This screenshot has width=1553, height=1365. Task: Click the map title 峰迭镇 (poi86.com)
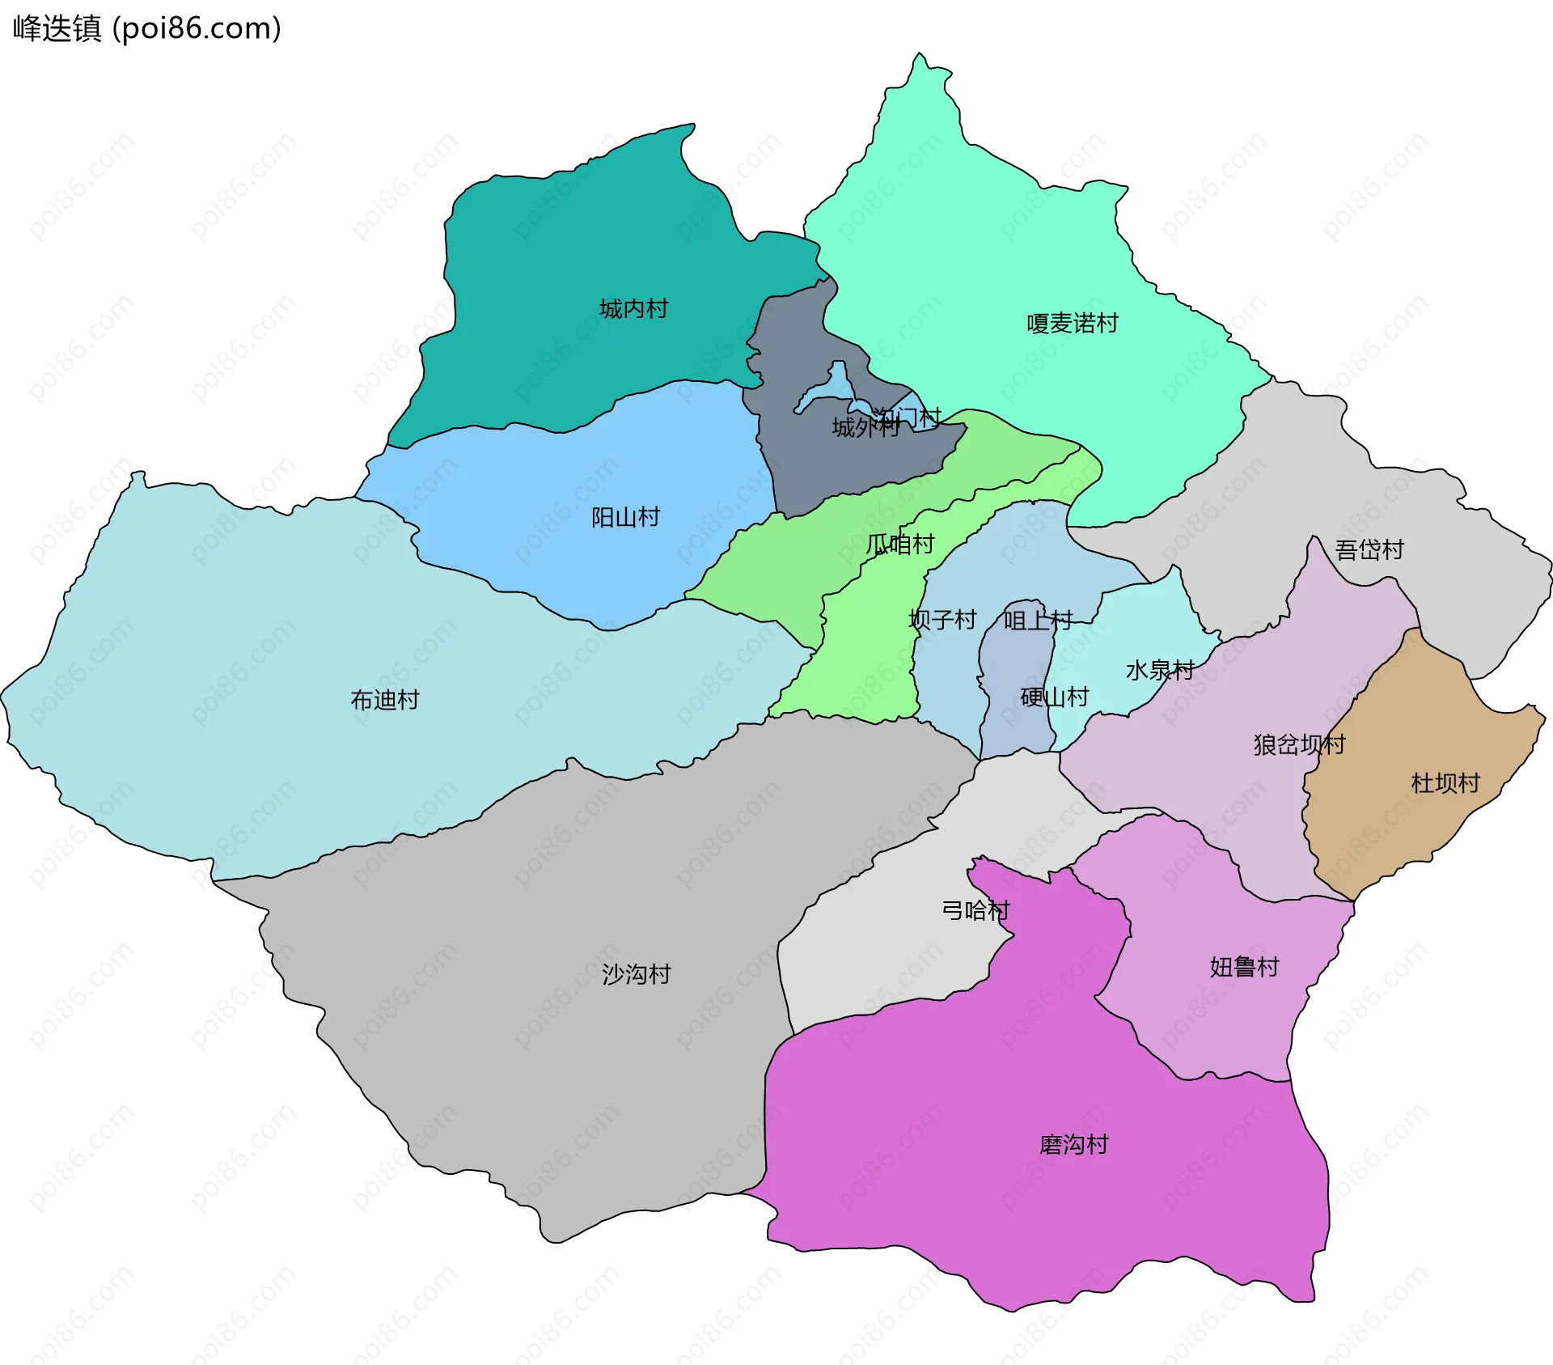point(146,28)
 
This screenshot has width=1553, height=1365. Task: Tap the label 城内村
point(633,309)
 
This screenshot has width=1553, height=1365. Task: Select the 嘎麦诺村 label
point(1072,324)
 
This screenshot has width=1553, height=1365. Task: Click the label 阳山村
point(625,517)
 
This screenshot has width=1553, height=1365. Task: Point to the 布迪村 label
point(384,700)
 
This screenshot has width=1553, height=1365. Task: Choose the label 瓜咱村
point(899,544)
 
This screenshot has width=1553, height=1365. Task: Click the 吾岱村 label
point(1369,550)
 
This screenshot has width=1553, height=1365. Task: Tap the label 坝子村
point(942,620)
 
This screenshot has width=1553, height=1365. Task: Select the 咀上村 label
point(1038,621)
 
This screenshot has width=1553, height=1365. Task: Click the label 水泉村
point(1159,670)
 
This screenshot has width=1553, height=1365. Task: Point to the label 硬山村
point(1054,697)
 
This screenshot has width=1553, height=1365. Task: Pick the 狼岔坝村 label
point(1299,744)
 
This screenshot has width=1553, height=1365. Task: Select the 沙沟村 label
point(636,974)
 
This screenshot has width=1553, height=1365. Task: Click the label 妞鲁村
point(1244,967)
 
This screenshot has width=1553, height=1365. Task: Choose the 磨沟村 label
point(1073,1145)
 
